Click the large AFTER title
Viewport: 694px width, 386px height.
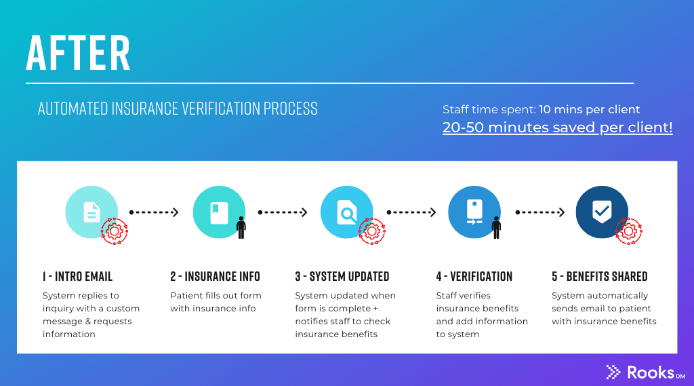(79, 53)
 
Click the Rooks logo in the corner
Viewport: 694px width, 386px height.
(646, 372)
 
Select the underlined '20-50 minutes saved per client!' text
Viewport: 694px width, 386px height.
(557, 128)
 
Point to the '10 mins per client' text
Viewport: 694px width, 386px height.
(589, 109)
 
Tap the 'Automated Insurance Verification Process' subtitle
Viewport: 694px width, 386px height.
(178, 109)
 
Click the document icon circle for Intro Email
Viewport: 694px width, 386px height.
(91, 212)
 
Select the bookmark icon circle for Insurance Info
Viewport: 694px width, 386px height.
(219, 212)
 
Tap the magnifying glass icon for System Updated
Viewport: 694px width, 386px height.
(346, 212)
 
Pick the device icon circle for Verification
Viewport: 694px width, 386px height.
(474, 212)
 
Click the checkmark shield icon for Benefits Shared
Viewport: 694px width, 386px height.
(602, 212)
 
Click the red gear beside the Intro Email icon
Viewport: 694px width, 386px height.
(115, 231)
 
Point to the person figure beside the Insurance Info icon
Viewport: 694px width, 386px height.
(241, 227)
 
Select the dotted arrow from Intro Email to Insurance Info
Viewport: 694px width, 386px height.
(154, 212)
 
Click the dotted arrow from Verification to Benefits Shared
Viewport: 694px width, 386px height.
(540, 212)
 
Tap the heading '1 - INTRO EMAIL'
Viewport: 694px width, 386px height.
(77, 277)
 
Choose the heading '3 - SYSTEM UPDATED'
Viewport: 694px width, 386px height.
(342, 277)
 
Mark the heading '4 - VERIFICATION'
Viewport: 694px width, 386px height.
(474, 277)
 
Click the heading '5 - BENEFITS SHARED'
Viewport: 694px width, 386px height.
(599, 277)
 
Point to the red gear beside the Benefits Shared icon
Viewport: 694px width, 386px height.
(628, 231)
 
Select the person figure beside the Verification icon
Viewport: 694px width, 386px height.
(497, 227)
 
